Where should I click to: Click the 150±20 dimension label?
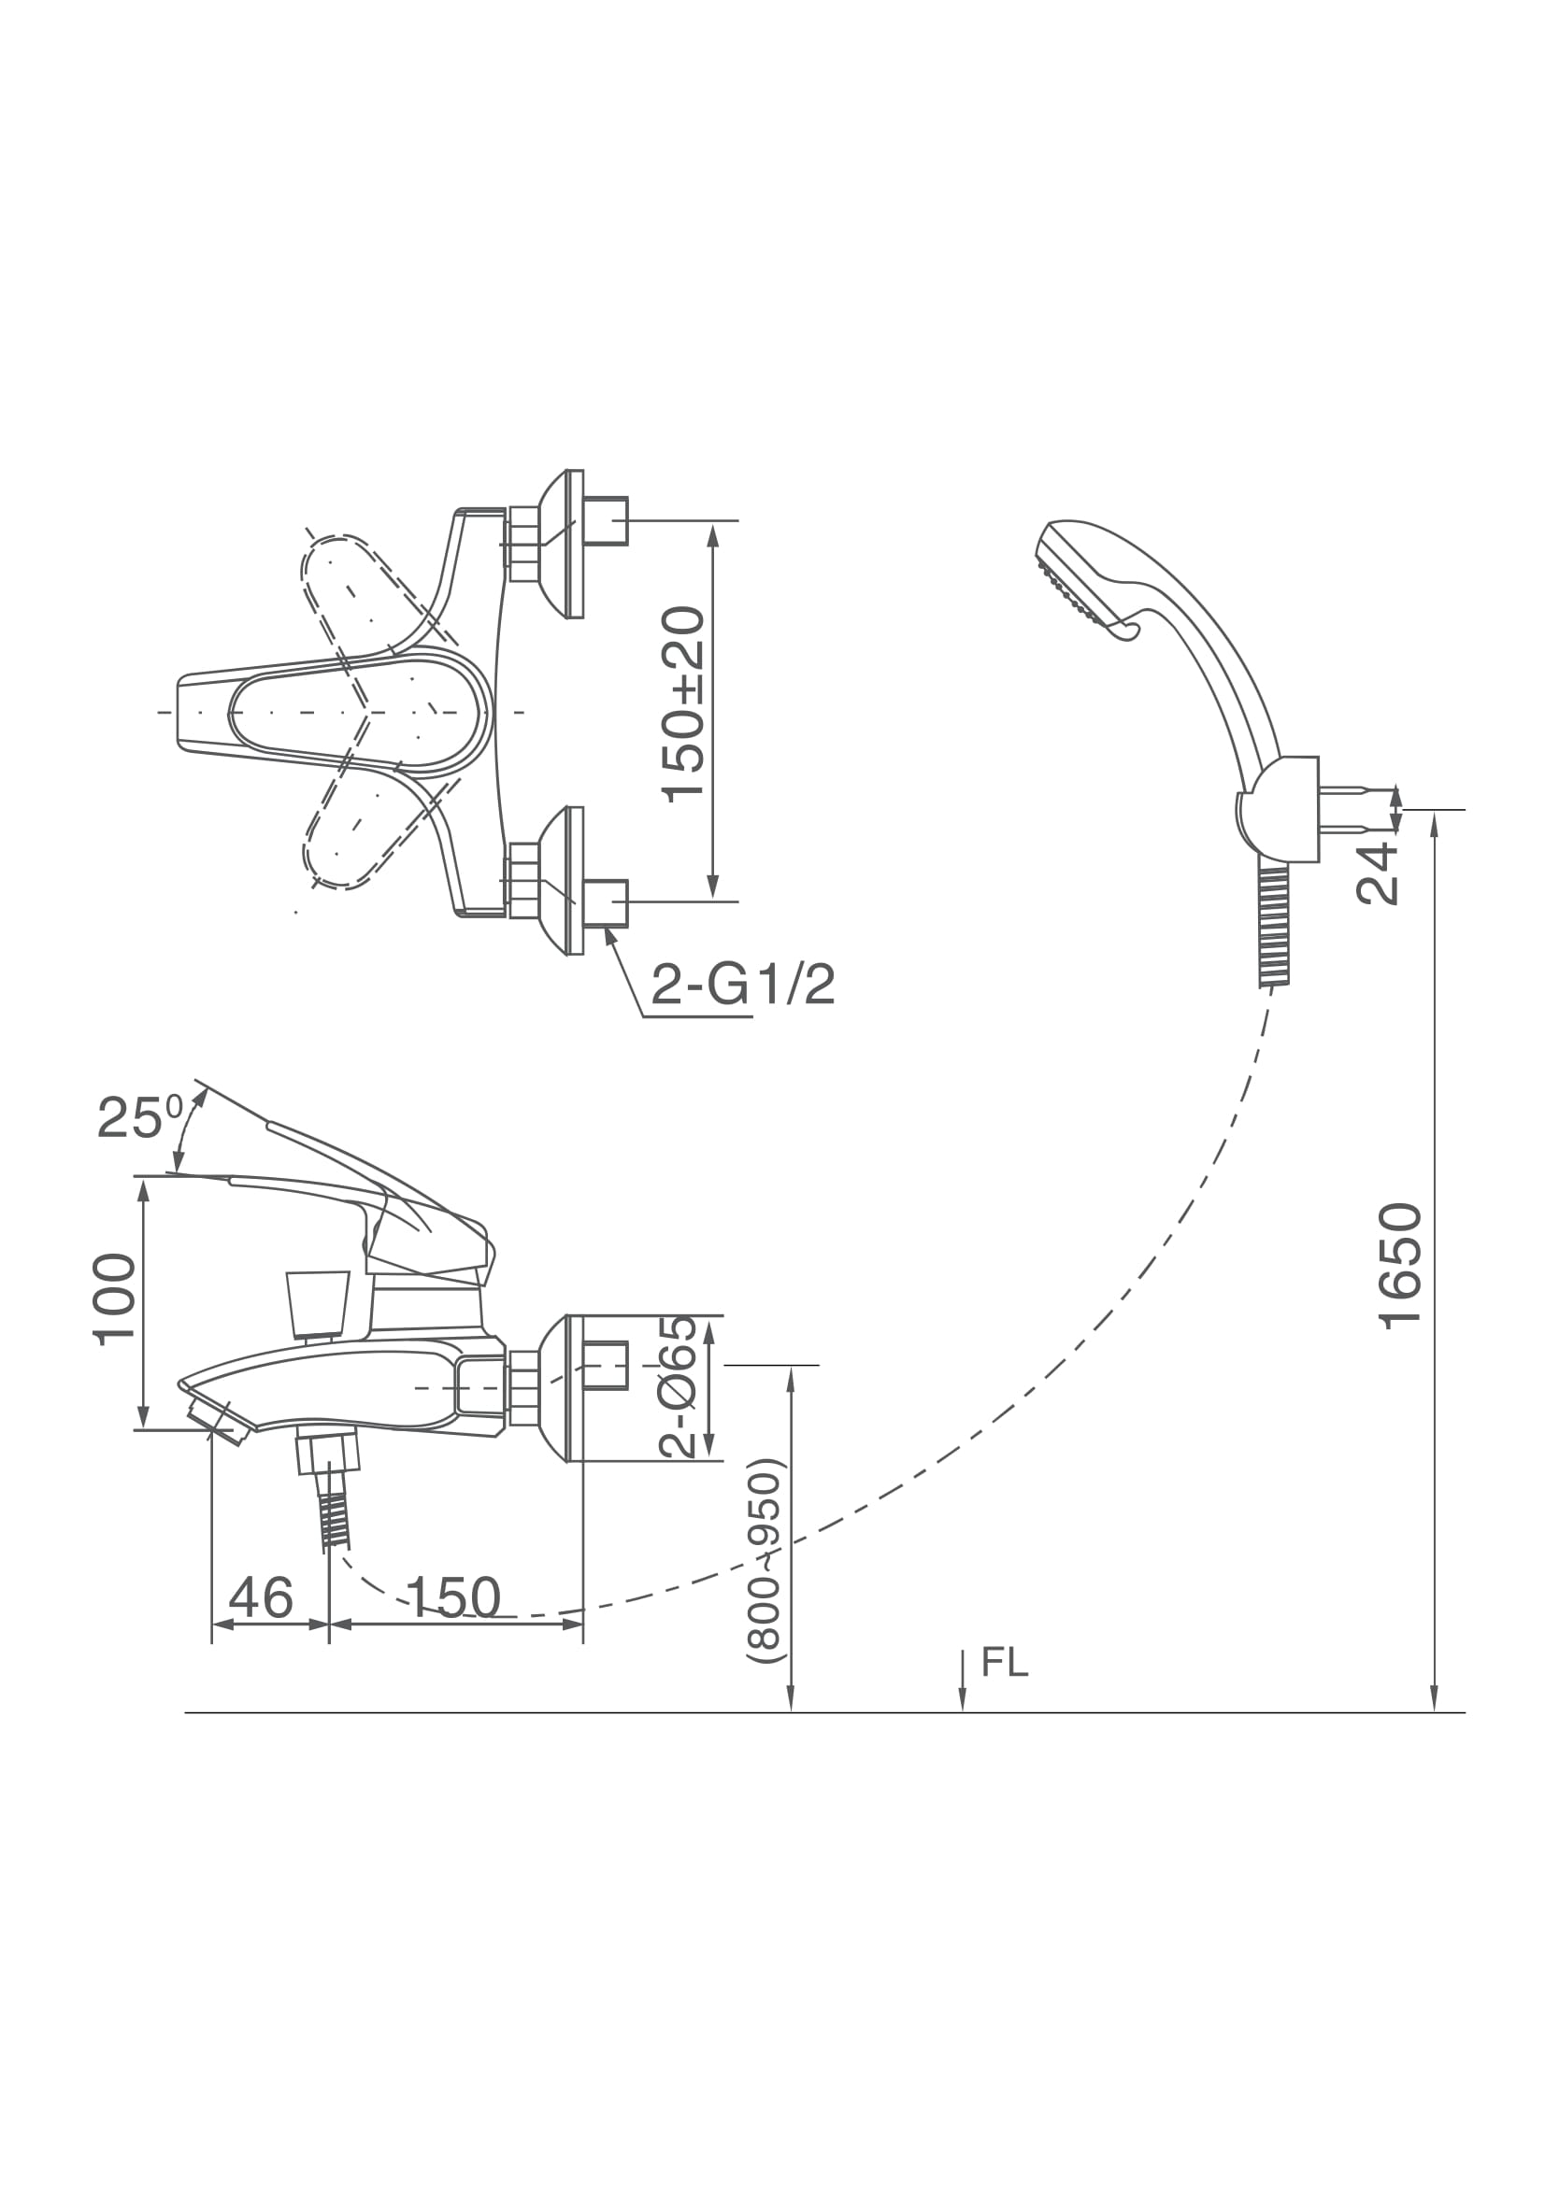[682, 705]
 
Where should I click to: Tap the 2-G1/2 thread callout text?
[743, 985]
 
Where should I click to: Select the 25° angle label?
[140, 1117]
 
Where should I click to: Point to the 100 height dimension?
[115, 1298]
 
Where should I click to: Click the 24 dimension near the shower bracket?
[1378, 873]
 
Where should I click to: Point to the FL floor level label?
[1006, 1662]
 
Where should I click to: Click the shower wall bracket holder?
[1280, 810]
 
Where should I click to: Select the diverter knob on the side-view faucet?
[318, 1304]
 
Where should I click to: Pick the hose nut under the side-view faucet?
[328, 1450]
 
